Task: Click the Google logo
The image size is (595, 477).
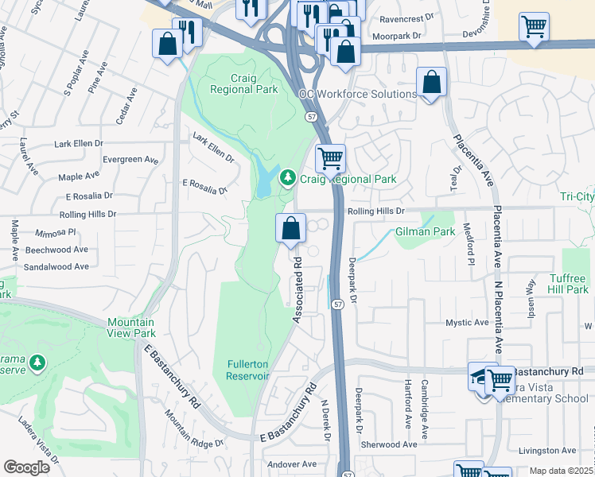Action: (x=26, y=467)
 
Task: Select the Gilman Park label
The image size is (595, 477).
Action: (x=425, y=231)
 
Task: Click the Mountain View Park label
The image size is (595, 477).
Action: (x=132, y=328)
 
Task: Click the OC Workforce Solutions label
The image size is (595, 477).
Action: (x=357, y=94)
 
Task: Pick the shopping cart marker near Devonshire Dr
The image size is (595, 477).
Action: (x=534, y=26)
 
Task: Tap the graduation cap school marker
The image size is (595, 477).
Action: (x=480, y=378)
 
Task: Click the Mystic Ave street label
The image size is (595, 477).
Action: (x=467, y=323)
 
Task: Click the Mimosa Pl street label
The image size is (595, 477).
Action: (x=56, y=233)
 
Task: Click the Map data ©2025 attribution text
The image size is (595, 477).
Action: (x=561, y=471)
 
